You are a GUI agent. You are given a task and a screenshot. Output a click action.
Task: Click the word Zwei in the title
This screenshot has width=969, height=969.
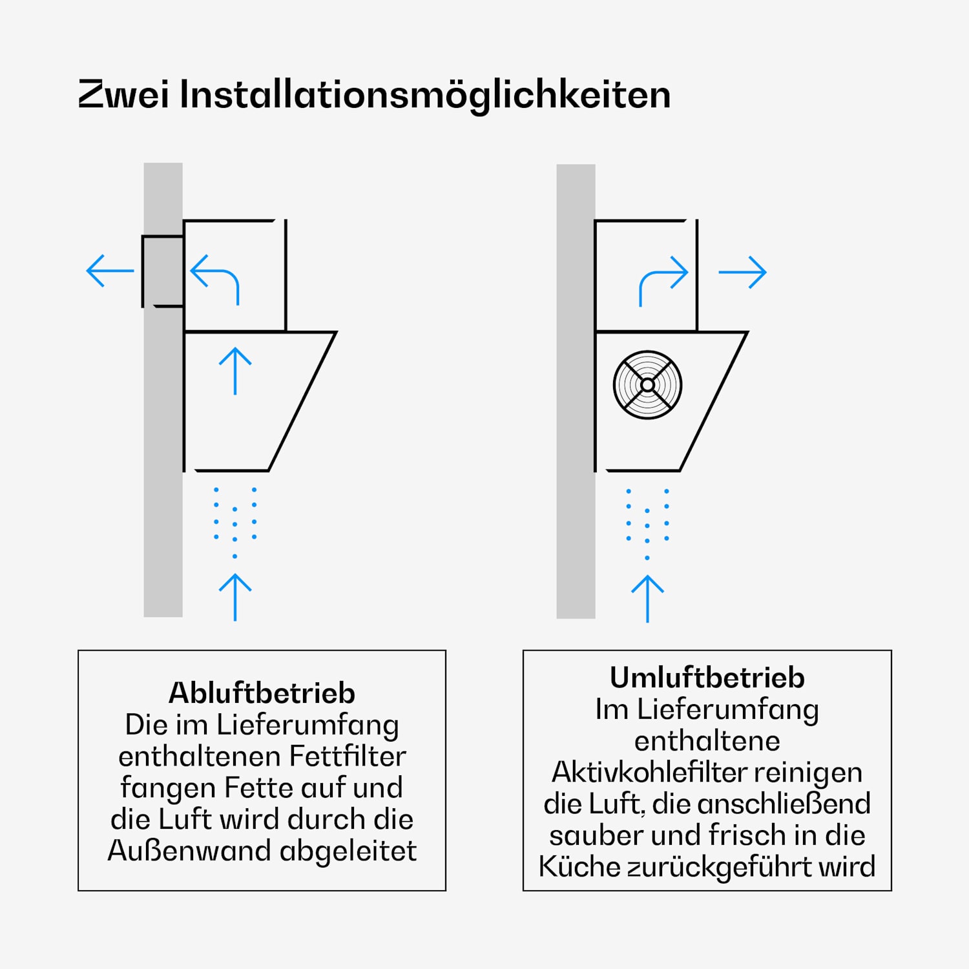pyautogui.click(x=123, y=94)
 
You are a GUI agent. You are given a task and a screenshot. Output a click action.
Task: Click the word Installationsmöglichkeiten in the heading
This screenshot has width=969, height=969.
pyautogui.click(x=425, y=96)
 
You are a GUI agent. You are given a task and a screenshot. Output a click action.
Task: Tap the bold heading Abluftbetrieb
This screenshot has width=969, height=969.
pyautogui.click(x=262, y=693)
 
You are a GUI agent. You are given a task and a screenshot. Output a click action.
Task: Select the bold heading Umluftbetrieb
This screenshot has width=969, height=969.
pyautogui.click(x=707, y=678)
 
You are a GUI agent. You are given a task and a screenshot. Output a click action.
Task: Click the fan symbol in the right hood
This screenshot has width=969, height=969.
pyautogui.click(x=647, y=385)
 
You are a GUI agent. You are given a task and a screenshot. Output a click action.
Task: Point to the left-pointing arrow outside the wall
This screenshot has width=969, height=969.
pyautogui.click(x=110, y=271)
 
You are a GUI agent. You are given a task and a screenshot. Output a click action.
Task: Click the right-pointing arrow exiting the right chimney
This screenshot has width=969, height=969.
pyautogui.click(x=742, y=273)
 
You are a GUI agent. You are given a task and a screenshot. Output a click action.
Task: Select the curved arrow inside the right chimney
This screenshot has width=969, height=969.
pyautogui.click(x=663, y=280)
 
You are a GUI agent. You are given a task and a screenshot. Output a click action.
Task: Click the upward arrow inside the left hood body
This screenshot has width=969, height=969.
pyautogui.click(x=235, y=371)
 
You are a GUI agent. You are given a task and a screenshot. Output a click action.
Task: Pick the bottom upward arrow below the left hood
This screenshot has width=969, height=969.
pyautogui.click(x=235, y=597)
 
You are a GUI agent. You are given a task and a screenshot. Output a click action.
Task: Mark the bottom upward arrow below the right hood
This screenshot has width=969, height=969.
pyautogui.click(x=647, y=598)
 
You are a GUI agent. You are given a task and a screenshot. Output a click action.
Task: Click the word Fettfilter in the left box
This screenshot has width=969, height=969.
pyautogui.click(x=348, y=756)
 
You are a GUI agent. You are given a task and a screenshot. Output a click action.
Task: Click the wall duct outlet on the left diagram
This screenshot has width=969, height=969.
pyautogui.click(x=162, y=271)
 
